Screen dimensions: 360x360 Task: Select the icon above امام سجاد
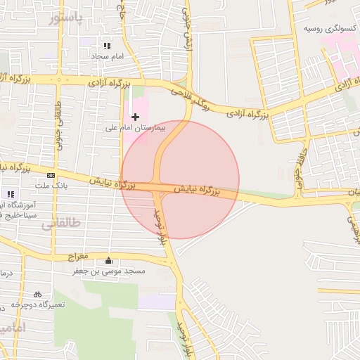pyautogui.click(x=107, y=45)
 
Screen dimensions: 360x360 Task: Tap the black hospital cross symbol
pyautogui.click(x=135, y=116)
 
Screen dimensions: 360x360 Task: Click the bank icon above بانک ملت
pyautogui.click(x=51, y=174)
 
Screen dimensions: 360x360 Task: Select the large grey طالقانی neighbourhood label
pyautogui.click(x=62, y=224)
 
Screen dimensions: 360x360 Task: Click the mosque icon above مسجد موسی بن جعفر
pyautogui.click(x=108, y=259)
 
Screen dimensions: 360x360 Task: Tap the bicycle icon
pyautogui.click(x=37, y=294)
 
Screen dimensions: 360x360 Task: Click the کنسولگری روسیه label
pyautogui.click(x=328, y=29)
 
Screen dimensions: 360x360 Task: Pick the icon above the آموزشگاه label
pyautogui.click(x=10, y=193)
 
